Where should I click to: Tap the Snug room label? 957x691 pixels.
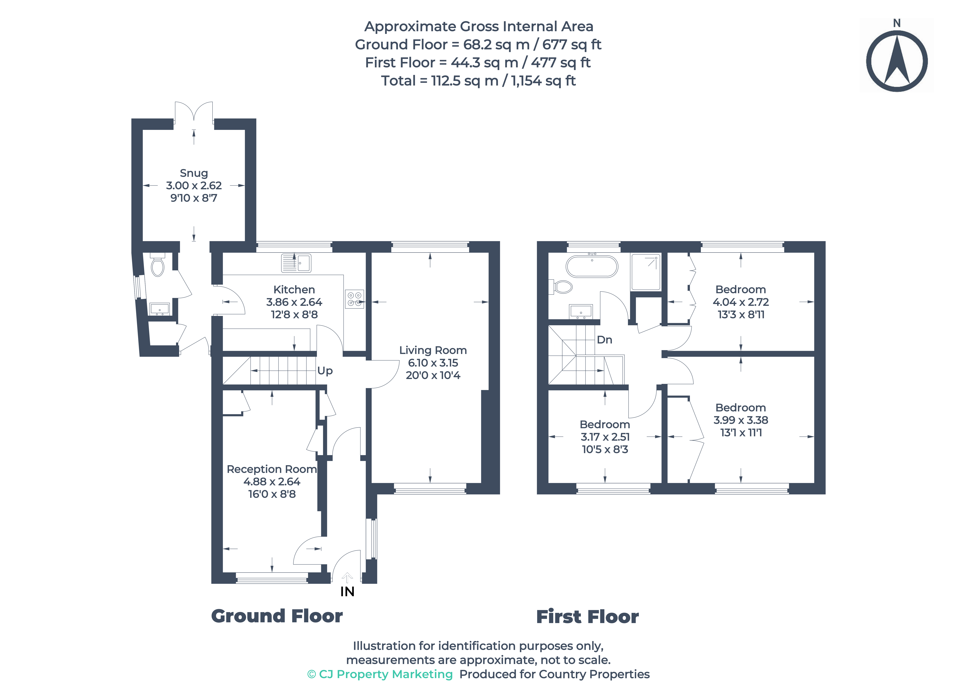[194, 173]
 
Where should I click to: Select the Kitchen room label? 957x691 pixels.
[294, 289]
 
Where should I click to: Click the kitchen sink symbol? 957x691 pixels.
[296, 263]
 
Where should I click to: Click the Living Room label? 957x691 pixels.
[433, 350]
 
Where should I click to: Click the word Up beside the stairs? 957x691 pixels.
[325, 371]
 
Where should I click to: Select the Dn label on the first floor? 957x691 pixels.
[604, 340]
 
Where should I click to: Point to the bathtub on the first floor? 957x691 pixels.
[592, 266]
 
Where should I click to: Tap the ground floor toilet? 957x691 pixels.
[157, 266]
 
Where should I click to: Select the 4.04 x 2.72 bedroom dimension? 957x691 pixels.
[741, 302]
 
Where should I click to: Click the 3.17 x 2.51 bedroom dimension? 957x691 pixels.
[605, 437]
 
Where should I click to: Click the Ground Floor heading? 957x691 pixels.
[277, 616]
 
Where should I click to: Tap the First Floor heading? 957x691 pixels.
[587, 617]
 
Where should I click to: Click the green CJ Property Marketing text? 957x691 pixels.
[380, 674]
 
